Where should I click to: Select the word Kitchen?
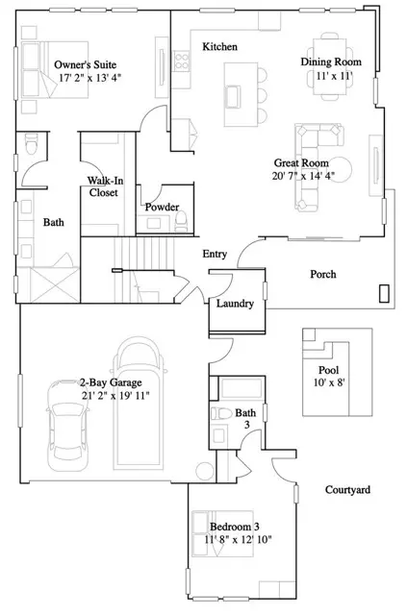219,46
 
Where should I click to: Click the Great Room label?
300,162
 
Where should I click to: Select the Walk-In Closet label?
104,185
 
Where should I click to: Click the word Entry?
215,254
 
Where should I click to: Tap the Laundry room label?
235,304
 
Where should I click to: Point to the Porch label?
322,274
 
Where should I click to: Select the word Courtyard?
346,488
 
